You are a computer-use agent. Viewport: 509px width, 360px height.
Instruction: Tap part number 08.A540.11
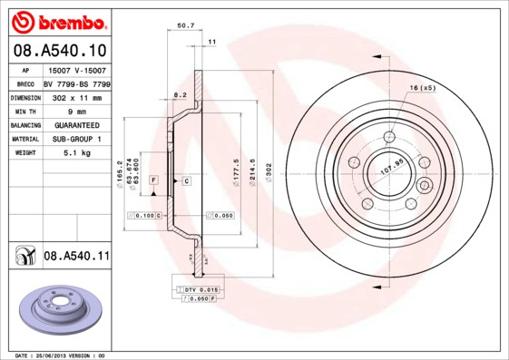76,257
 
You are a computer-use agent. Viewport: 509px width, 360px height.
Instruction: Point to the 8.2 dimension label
179,94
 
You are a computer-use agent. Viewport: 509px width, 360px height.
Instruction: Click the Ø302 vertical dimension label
269,170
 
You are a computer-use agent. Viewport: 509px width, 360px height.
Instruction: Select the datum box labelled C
186,181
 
